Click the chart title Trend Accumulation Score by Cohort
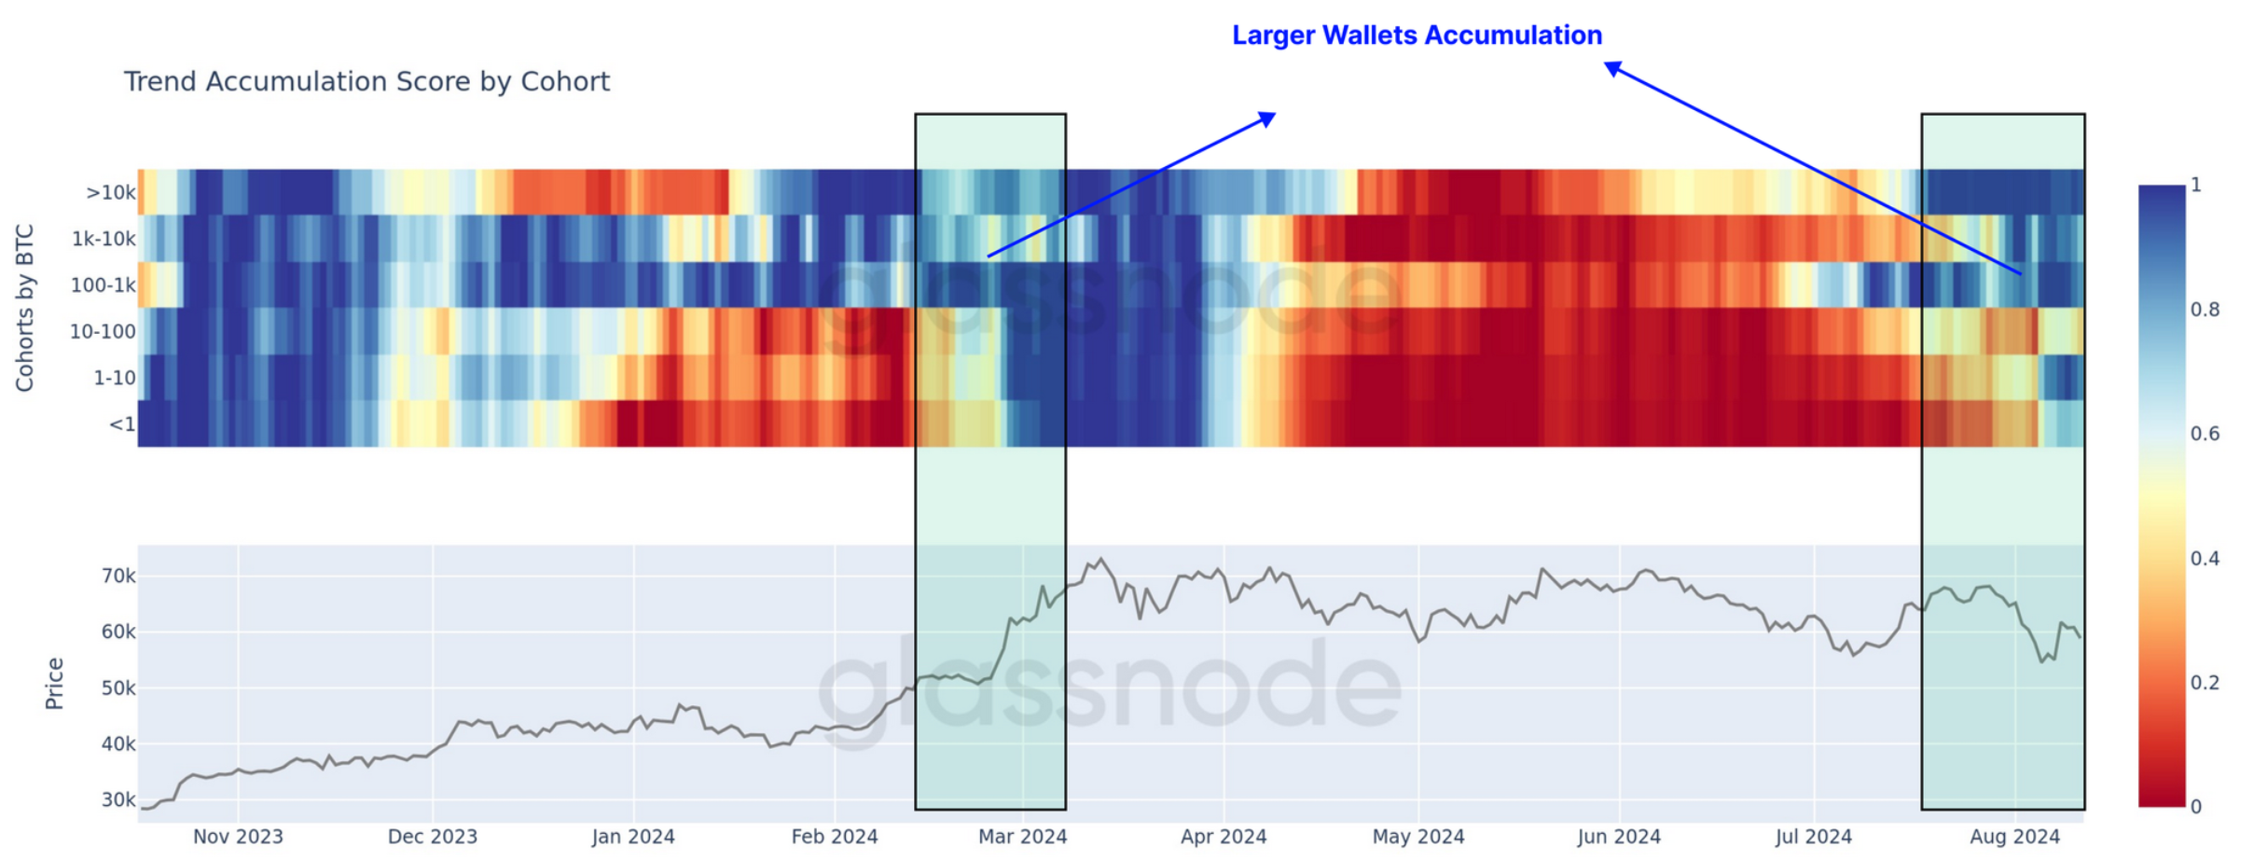click(366, 82)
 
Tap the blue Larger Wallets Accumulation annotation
click(1417, 35)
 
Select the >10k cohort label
click(111, 193)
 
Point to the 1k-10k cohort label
click(104, 239)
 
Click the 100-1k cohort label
click(104, 285)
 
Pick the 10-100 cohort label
click(103, 332)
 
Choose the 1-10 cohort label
click(115, 379)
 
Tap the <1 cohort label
click(122, 425)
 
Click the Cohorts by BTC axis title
click(25, 308)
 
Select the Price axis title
click(55, 683)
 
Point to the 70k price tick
click(118, 576)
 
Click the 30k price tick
click(118, 800)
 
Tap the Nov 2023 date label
click(238, 837)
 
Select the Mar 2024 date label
click(1022, 837)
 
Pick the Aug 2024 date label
click(2014, 837)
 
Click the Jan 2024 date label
click(633, 837)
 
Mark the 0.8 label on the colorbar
click(2205, 310)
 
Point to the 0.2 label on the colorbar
click(2205, 683)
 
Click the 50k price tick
click(118, 688)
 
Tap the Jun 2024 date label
click(1619, 837)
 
